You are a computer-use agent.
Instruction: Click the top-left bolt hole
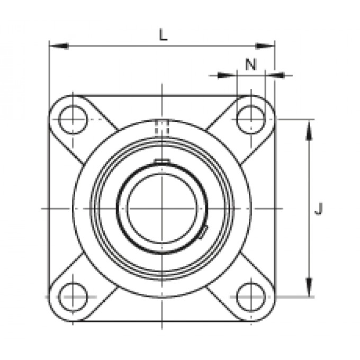(73, 119)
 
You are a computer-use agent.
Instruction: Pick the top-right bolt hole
(250, 119)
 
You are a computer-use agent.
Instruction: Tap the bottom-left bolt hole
(73, 297)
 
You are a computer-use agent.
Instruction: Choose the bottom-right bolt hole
(250, 297)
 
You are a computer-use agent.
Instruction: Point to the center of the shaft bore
(161, 208)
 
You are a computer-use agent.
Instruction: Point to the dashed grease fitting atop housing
(161, 128)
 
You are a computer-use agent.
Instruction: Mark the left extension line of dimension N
(237, 85)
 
